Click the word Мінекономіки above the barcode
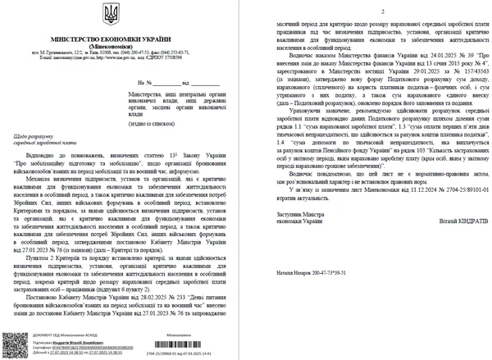(x=177, y=335)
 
